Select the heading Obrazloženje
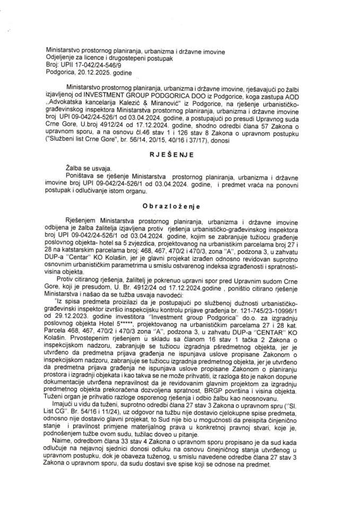[180, 202]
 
